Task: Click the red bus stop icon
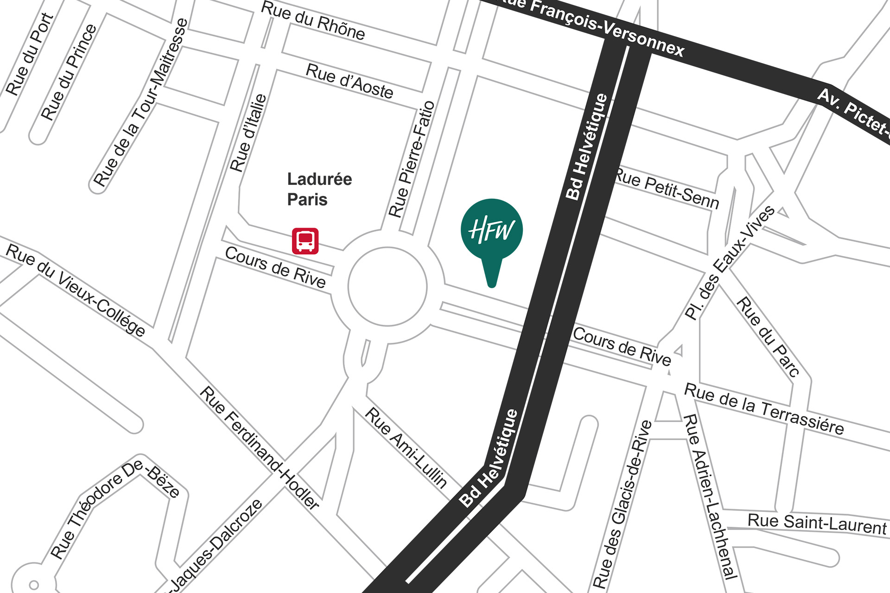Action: pos(305,241)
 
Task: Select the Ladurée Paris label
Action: pos(319,189)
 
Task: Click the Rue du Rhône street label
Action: pos(313,21)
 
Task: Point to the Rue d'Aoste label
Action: pos(350,82)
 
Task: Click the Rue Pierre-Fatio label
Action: pos(412,159)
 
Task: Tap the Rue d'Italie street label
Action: pos(249,132)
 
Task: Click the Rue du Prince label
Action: pos(69,72)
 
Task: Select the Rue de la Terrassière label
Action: pos(764,409)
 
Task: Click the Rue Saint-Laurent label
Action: pos(817,524)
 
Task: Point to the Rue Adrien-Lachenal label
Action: pos(711,497)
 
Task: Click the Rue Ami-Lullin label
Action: pos(406,448)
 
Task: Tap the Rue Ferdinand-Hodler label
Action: pos(260,448)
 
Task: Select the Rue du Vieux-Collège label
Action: pos(76,290)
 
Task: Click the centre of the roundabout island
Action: pos(388,287)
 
